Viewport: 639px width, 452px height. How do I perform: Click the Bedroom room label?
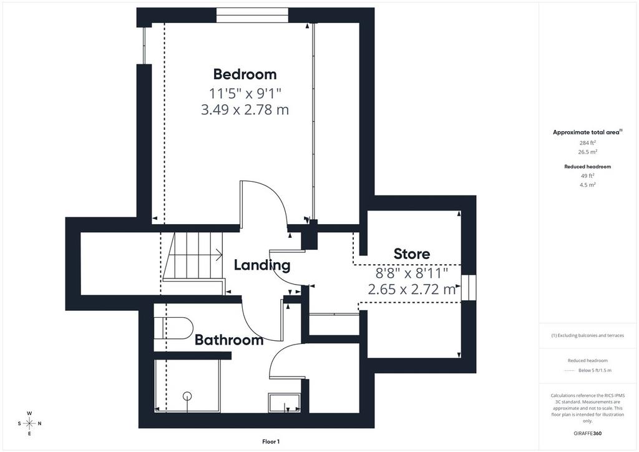(x=245, y=74)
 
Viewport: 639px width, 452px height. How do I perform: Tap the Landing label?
(x=262, y=265)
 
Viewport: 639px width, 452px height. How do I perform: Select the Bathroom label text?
(x=229, y=340)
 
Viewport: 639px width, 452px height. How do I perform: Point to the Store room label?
(x=412, y=254)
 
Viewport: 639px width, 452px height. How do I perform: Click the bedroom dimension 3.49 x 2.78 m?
(x=245, y=110)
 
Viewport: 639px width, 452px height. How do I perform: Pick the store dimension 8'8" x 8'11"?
(x=412, y=272)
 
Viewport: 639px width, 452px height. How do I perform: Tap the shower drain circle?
(x=187, y=395)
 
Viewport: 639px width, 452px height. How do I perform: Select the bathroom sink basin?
(x=284, y=403)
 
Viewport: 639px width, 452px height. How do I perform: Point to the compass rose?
(x=30, y=423)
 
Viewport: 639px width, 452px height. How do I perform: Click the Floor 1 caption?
(x=271, y=441)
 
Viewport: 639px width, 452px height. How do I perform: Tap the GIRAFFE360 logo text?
(x=587, y=433)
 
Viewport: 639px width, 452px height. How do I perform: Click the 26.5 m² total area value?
(x=587, y=152)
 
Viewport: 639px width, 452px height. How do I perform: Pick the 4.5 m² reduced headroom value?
(x=587, y=185)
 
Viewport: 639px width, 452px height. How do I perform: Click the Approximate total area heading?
(x=587, y=132)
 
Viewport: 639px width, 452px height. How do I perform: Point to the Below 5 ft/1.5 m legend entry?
(x=595, y=370)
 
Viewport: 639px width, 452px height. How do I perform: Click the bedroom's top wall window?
(x=252, y=16)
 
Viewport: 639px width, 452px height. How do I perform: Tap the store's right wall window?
(x=469, y=287)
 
